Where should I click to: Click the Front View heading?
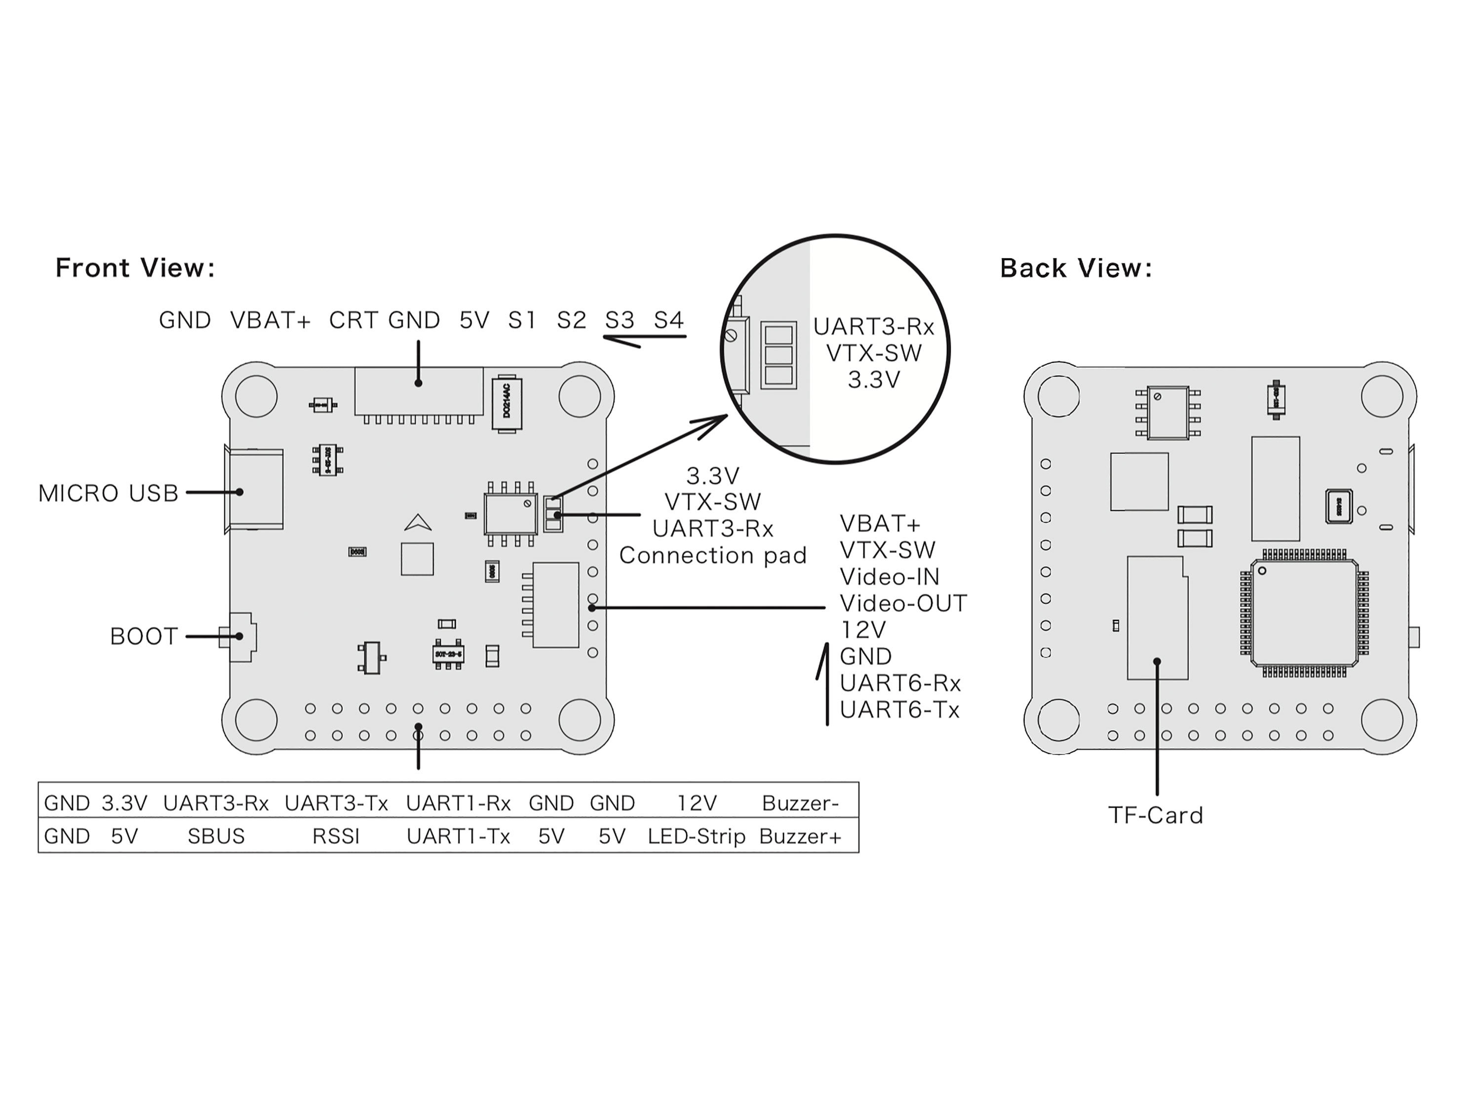coord(135,268)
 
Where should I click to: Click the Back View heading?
coord(1076,268)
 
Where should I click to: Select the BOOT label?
coord(143,636)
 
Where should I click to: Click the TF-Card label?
coord(1156,815)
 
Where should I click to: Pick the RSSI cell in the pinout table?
coord(336,836)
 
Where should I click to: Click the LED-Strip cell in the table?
coord(696,836)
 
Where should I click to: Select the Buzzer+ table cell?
coord(800,836)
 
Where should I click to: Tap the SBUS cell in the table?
coord(216,836)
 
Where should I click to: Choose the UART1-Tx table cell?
coord(458,836)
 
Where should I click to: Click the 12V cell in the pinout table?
coord(696,803)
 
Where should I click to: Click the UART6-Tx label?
coord(899,710)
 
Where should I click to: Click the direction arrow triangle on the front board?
coord(418,522)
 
